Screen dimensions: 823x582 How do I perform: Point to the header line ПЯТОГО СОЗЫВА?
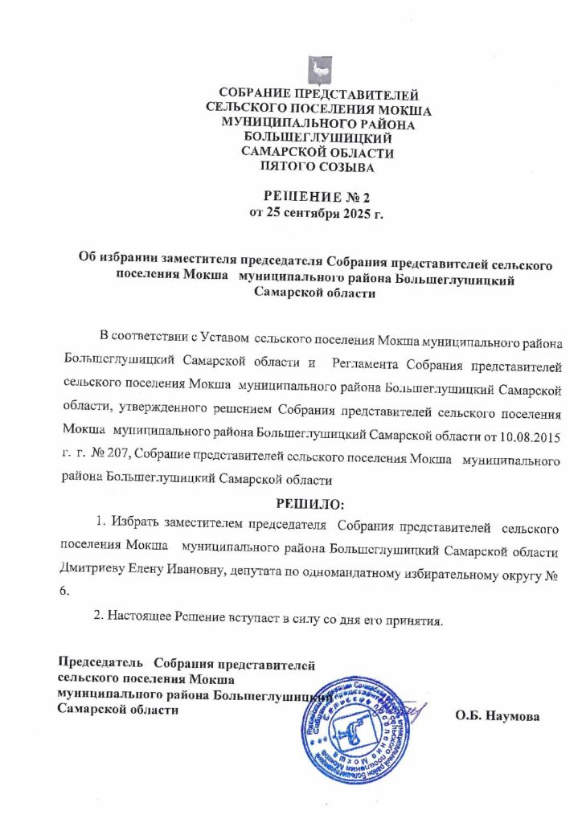[x=319, y=168]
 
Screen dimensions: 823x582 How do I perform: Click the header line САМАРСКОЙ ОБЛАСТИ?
[x=319, y=154]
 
